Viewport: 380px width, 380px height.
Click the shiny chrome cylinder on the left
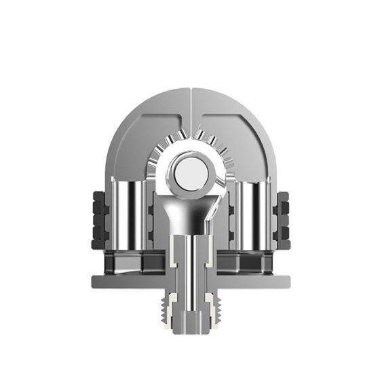click(x=128, y=214)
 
